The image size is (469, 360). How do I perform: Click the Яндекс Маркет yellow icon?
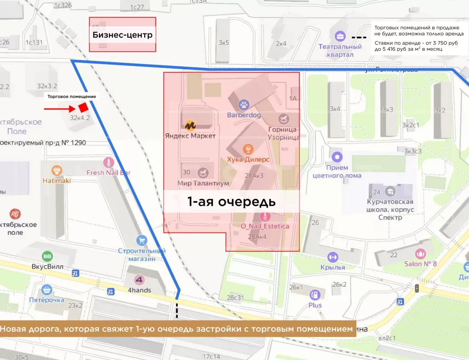coord(190,125)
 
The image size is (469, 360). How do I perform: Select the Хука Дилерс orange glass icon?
coord(247,149)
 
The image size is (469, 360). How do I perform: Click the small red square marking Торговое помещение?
coord(83,108)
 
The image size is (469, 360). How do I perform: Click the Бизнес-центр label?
coord(122,35)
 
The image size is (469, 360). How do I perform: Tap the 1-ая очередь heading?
coord(231,202)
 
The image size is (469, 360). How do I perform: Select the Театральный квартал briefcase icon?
coord(340,36)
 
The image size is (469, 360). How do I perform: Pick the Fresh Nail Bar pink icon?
coord(109,162)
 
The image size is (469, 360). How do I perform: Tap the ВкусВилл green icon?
coord(47,256)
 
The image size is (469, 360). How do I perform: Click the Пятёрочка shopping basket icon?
coord(46,289)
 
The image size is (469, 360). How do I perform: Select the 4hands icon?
coord(139,280)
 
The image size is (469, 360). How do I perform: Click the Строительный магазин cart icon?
coord(142,240)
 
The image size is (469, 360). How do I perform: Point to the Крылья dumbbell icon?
coord(333,256)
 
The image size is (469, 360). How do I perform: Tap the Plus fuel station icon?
coord(315,295)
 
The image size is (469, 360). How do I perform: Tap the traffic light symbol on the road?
coord(417,288)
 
